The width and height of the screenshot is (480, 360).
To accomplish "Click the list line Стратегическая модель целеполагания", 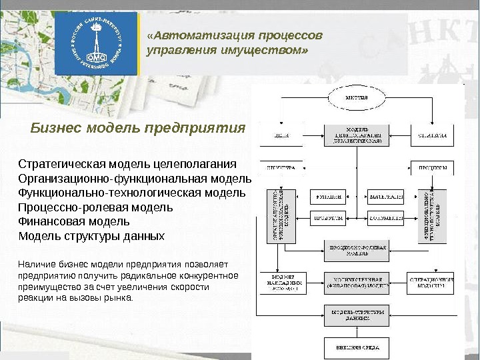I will [127, 164].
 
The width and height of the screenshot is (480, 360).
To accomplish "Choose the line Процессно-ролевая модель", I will [95, 207].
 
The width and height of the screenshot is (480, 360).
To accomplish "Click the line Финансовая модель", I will [74, 221].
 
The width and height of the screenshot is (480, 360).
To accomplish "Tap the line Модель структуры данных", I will [91, 236].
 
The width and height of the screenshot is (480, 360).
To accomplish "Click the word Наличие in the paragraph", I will [35, 265].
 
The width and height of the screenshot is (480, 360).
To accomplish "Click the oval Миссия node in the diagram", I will [357, 98].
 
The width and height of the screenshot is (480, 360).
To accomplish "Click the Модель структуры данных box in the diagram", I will [357, 315].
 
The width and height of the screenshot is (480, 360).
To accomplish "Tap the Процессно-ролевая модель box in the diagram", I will [357, 250].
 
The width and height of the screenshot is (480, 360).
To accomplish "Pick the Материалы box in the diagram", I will [387, 197].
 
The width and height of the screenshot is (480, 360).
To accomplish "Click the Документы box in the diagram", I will [387, 217].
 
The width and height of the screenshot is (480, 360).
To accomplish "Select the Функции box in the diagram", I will [329, 197].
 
